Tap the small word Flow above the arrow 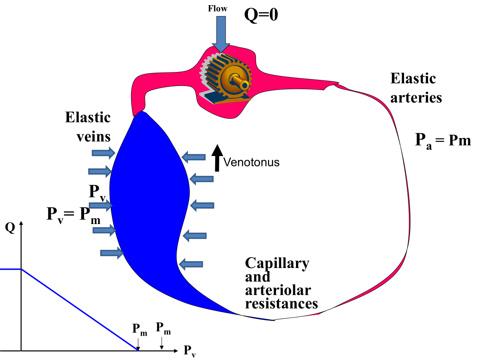[x=217, y=8]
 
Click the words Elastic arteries [x=416, y=88]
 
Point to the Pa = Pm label [x=443, y=140]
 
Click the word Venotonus [x=251, y=162]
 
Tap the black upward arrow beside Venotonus [x=217, y=158]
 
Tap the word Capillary [x=277, y=263]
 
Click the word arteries [x=416, y=98]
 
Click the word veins [x=94, y=137]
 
